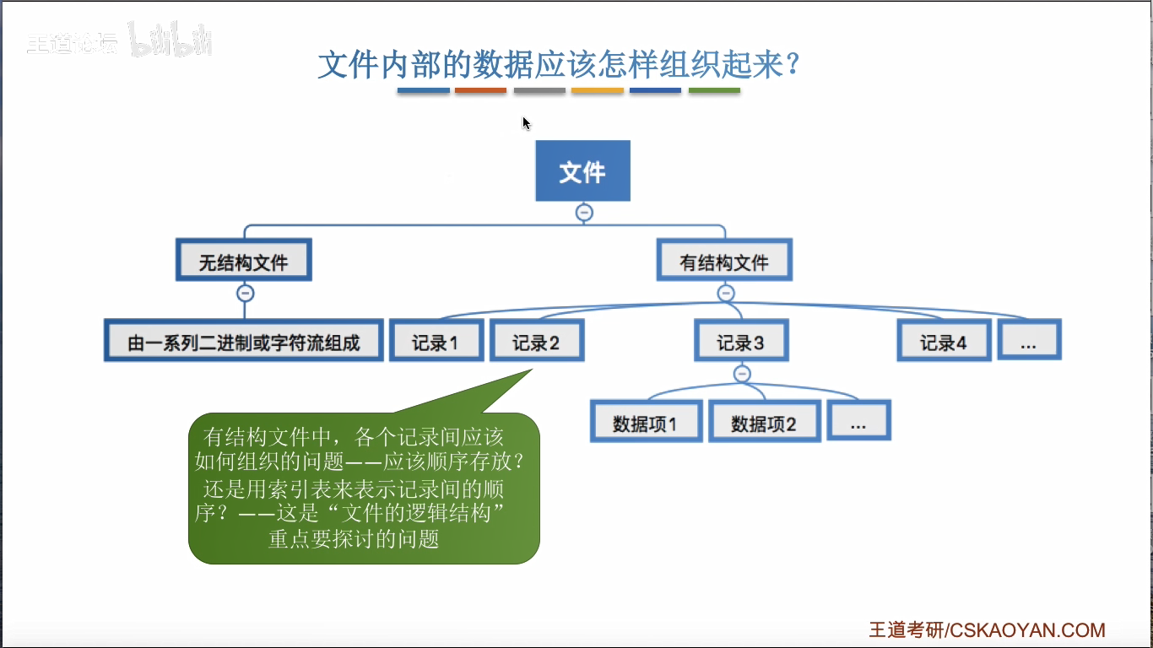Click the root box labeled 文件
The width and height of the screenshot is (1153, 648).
click(582, 171)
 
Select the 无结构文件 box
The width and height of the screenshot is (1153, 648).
click(244, 262)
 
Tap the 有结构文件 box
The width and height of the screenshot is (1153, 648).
click(724, 262)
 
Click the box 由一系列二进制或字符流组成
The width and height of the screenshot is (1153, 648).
click(243, 342)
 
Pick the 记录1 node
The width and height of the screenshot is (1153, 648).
click(436, 342)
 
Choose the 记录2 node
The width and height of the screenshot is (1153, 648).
click(536, 342)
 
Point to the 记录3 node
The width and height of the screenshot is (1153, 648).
click(740, 342)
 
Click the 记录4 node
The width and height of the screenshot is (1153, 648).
click(943, 342)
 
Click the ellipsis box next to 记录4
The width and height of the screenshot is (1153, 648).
click(1028, 342)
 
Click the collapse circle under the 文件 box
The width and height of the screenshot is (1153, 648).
click(583, 213)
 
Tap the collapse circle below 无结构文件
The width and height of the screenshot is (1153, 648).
click(245, 294)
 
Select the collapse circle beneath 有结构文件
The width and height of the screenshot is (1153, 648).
click(725, 294)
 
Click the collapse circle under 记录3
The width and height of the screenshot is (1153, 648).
click(741, 374)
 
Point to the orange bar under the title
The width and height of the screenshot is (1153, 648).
click(598, 90)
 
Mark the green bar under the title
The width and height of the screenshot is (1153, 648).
click(714, 90)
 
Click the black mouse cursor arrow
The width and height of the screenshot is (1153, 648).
click(526, 123)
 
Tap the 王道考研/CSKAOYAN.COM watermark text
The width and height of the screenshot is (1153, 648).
click(987, 630)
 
